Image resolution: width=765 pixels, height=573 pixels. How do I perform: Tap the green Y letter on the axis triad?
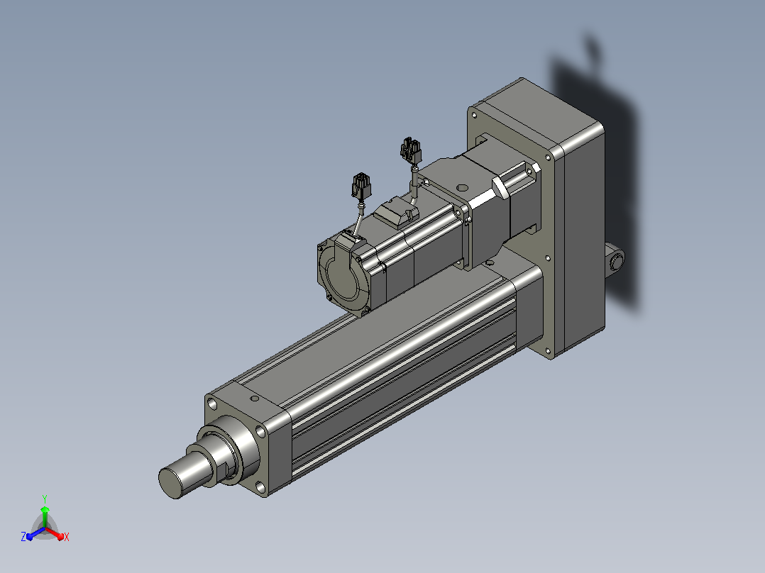pyautogui.click(x=45, y=499)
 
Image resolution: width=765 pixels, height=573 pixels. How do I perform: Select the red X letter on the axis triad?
pyautogui.click(x=67, y=537)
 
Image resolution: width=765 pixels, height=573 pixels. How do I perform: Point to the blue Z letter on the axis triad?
pyautogui.click(x=23, y=537)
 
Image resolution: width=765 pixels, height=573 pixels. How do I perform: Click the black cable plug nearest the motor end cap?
pyautogui.click(x=361, y=187)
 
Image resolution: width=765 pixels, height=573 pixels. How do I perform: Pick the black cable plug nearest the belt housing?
pyautogui.click(x=411, y=150)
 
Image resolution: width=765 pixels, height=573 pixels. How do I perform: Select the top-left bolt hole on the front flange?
pyautogui.click(x=211, y=404)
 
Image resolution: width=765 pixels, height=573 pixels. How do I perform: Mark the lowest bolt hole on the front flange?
pyautogui.click(x=260, y=486)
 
